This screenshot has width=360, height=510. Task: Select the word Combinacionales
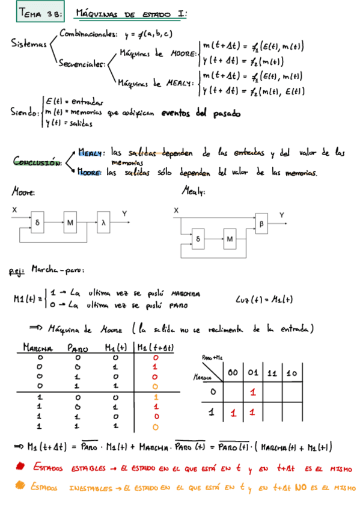88,35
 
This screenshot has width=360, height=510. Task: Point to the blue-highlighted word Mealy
91,152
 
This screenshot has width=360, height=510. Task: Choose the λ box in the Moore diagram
105,223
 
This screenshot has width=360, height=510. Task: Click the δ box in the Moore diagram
37,223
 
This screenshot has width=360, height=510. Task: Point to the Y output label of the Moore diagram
124,214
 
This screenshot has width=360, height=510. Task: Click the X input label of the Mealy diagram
176,210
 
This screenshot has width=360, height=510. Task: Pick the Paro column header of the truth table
78,348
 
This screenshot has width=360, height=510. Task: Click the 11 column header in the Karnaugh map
272,373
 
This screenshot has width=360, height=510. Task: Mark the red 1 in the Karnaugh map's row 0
253,392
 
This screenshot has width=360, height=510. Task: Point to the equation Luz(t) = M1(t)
260,300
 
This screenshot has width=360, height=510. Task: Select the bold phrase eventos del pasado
201,112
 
